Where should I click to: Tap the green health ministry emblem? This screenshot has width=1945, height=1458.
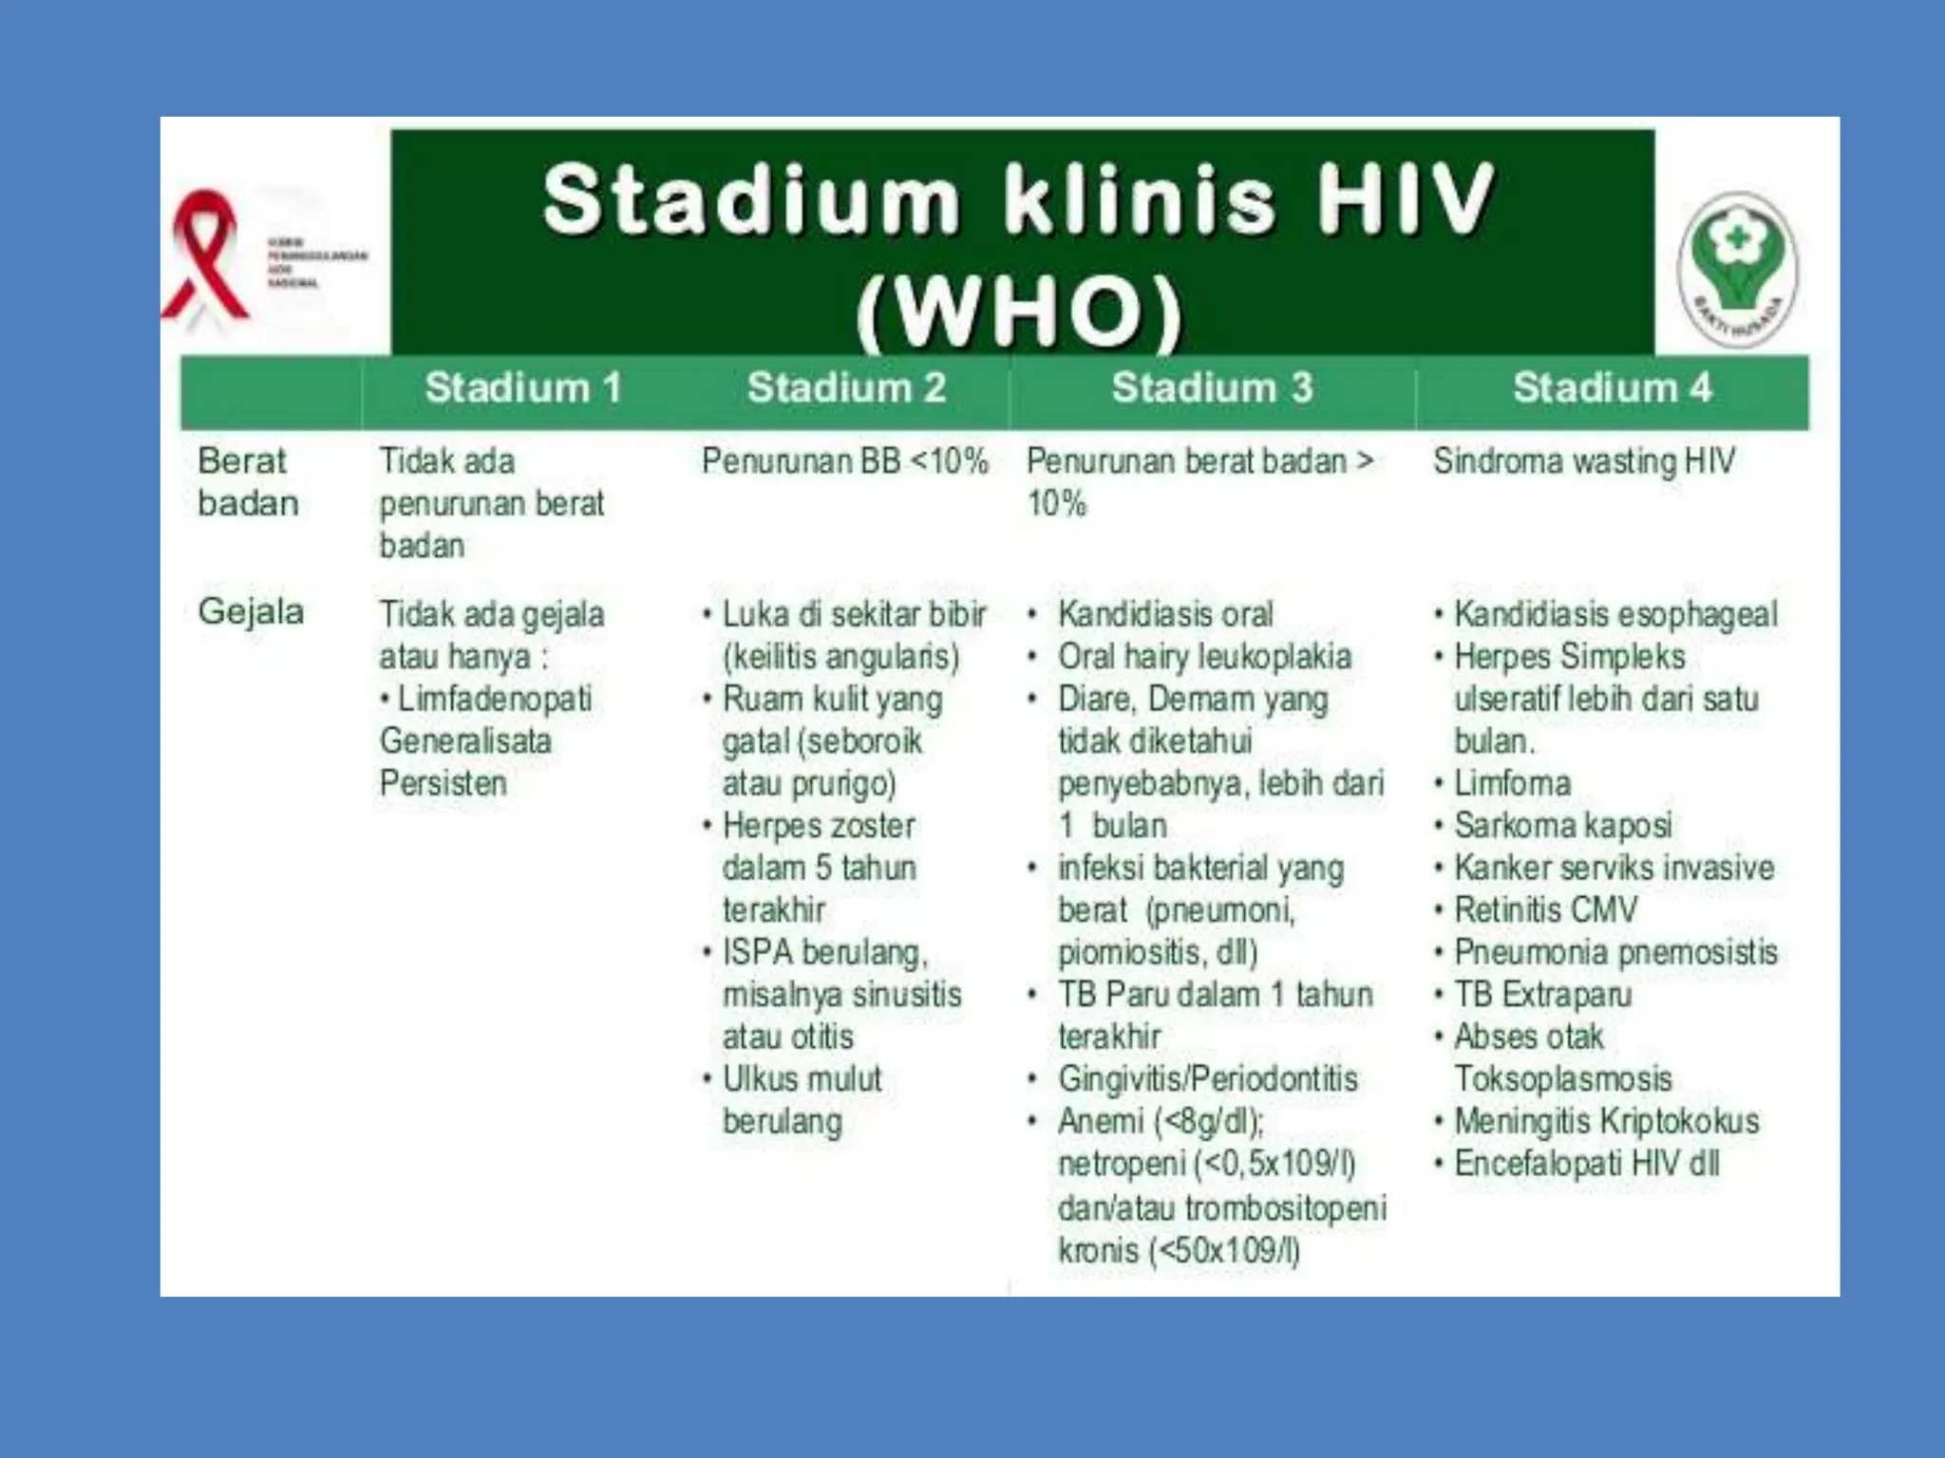click(x=1737, y=266)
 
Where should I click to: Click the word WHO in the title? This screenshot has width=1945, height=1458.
click(x=1020, y=311)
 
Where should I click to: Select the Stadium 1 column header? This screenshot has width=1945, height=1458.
click(x=523, y=388)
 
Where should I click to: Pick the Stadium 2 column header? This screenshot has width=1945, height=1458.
click(x=846, y=388)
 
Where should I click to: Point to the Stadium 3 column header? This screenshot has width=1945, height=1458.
click(x=1212, y=388)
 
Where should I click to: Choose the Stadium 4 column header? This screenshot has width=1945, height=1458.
click(x=1612, y=388)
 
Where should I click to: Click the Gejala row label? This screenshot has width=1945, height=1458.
click(x=251, y=612)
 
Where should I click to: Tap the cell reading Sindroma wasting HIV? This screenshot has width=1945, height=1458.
click(x=1584, y=461)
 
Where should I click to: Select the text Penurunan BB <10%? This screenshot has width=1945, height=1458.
click(x=844, y=461)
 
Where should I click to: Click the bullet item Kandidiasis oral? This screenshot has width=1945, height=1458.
click(x=1164, y=614)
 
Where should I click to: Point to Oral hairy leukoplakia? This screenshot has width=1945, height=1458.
click(x=1204, y=657)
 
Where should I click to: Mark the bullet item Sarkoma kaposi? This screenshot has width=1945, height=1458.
click(x=1562, y=826)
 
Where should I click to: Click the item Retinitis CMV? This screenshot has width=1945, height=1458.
click(x=1545, y=910)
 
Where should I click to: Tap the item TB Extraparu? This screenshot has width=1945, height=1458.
click(x=1542, y=995)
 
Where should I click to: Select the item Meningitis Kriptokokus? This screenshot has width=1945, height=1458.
click(x=1606, y=1121)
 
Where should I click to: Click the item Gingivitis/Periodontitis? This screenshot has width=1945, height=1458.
click(x=1207, y=1079)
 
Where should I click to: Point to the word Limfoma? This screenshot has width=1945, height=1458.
click(x=1512, y=783)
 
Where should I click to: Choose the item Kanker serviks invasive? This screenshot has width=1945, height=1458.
click(x=1614, y=868)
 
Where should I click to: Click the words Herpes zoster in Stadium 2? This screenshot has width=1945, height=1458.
click(x=819, y=826)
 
